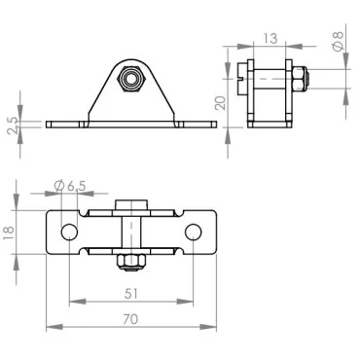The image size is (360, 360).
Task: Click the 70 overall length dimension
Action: tap(131, 318)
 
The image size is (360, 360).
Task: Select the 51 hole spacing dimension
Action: tap(131, 291)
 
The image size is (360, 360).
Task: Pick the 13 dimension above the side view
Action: tap(269, 39)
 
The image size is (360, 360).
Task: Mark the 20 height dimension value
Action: tap(222, 102)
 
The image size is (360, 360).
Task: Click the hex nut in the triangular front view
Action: tap(129, 76)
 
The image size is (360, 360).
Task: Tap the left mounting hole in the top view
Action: tap(68, 232)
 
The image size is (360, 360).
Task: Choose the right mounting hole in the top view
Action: tap(194, 232)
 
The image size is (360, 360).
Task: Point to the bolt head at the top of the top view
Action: tap(130, 204)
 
